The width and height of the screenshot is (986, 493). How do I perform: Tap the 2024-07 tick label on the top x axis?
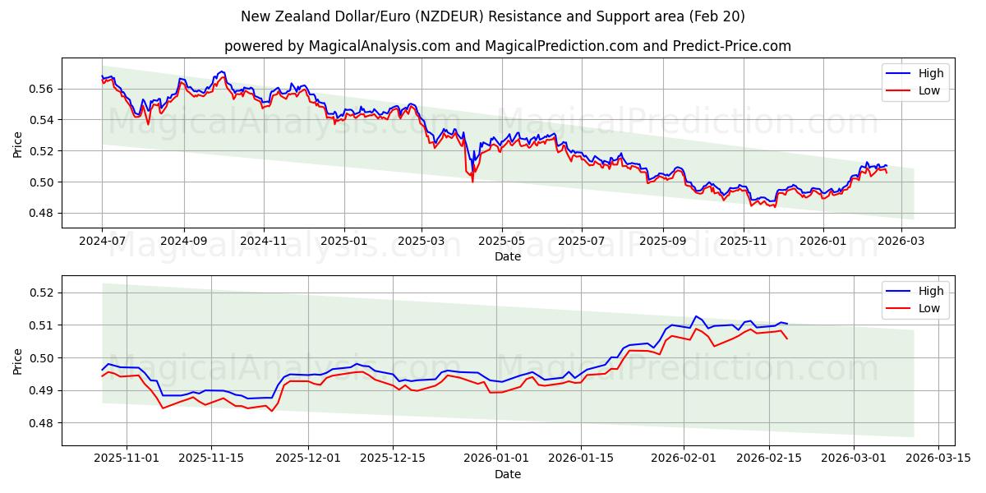click(x=102, y=242)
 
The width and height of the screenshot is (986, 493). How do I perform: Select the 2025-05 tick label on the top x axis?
click(x=501, y=242)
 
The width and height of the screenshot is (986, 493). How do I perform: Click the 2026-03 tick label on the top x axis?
click(x=901, y=242)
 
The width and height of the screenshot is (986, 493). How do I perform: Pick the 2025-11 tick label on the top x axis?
click(x=743, y=242)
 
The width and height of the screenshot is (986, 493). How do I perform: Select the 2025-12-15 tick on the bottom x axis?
click(x=392, y=458)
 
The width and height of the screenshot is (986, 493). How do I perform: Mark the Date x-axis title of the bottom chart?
click(x=508, y=474)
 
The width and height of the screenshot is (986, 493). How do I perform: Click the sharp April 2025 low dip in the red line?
click(x=472, y=181)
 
